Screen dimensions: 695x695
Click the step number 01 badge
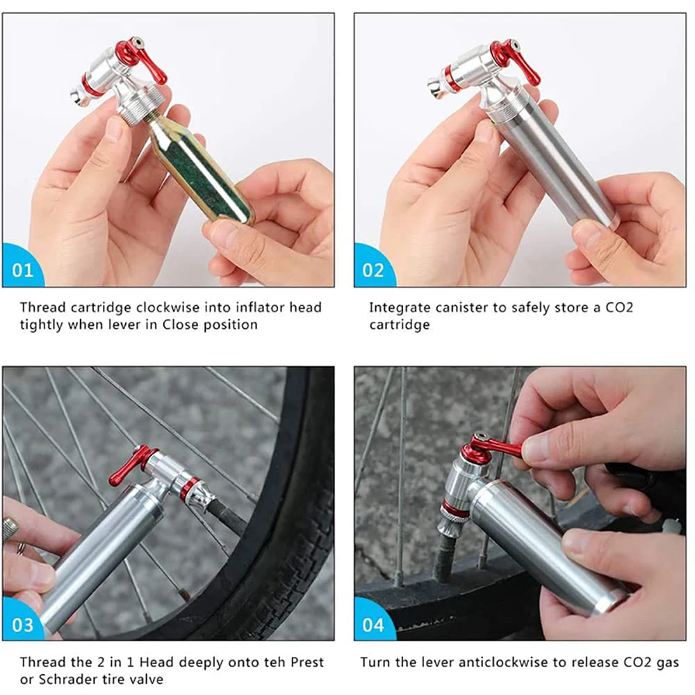pyautogui.click(x=22, y=270)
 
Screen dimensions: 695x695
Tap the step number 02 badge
pyautogui.click(x=373, y=270)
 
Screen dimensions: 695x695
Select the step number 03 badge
pyautogui.click(x=22, y=623)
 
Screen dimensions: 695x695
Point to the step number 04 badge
pyautogui.click(x=373, y=623)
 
